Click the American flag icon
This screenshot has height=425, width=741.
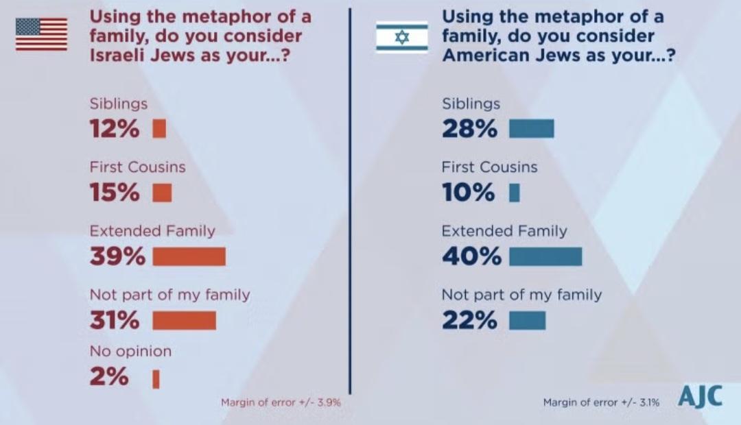(41, 34)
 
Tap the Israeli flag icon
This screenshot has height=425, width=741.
(401, 37)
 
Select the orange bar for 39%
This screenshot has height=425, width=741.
(189, 256)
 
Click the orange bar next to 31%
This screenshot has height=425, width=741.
(184, 320)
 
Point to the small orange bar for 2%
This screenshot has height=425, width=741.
(156, 379)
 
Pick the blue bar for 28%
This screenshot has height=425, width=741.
(531, 129)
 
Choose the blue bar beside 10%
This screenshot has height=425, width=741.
(514, 193)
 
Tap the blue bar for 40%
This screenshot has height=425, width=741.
(545, 256)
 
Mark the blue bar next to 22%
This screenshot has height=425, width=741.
(527, 320)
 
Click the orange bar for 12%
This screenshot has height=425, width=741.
(159, 129)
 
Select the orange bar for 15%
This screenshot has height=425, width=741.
(162, 193)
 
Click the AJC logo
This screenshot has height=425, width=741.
(700, 396)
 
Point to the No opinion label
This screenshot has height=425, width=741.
(130, 352)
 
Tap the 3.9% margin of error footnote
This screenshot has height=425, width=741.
(281, 402)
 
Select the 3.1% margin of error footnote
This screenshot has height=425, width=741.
(601, 402)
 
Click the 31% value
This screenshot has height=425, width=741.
(115, 320)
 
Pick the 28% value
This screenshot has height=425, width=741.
(469, 129)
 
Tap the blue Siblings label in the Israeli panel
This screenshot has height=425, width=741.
(471, 104)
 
